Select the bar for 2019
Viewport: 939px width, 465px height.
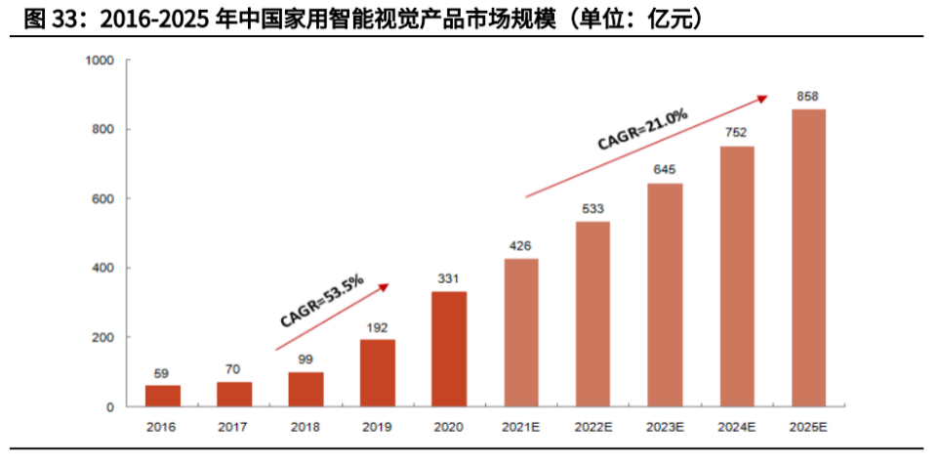378,372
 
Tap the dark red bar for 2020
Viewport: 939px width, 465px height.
449,349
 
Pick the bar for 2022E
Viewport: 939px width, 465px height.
592,314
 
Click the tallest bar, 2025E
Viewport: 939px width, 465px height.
807,258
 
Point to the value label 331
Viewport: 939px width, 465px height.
449,279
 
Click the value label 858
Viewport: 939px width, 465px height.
807,97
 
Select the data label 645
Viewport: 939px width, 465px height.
664,171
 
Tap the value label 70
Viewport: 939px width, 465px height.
234,370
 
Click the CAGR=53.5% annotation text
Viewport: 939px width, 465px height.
321,301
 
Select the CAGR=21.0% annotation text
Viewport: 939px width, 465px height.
642,129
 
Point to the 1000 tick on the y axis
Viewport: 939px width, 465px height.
101,61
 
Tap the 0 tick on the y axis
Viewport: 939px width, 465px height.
111,406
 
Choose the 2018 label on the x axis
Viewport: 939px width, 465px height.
306,427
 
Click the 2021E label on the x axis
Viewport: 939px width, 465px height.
521,427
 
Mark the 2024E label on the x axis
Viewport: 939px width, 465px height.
736,427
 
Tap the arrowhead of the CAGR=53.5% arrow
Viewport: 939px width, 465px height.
385,285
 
